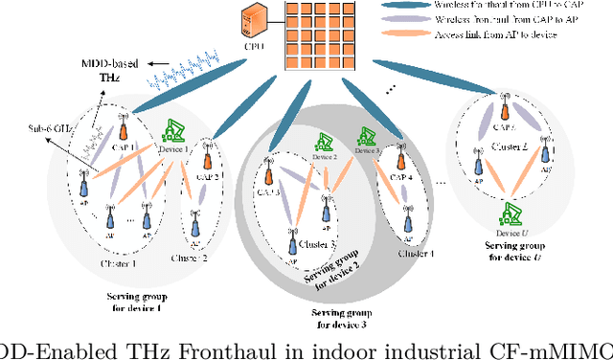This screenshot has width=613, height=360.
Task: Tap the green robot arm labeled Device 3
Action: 366,140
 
